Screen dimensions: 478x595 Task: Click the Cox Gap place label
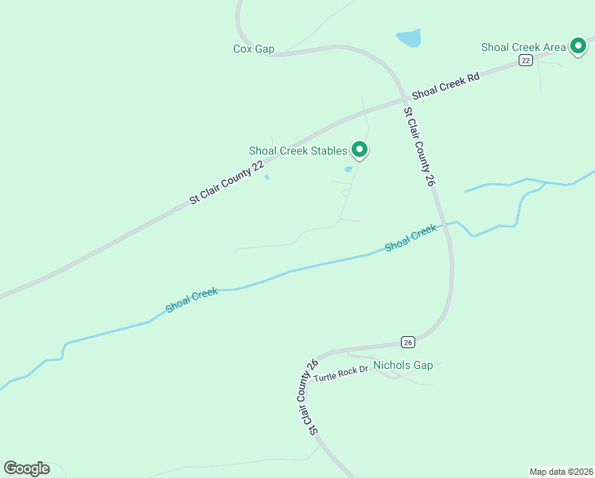[x=254, y=49]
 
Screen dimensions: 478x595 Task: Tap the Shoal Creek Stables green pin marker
[x=360, y=149]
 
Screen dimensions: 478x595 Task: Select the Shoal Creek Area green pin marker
[x=581, y=46]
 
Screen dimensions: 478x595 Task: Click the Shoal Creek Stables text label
[x=298, y=151]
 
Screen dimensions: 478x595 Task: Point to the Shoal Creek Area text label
[x=523, y=47]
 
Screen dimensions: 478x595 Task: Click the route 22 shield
[x=526, y=61]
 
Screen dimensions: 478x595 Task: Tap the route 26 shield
[x=408, y=343]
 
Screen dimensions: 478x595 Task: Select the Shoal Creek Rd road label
[x=447, y=85]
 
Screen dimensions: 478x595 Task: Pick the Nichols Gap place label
[x=402, y=366]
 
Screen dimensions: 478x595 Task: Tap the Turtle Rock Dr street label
[x=341, y=375]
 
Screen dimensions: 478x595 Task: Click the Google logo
[x=26, y=468]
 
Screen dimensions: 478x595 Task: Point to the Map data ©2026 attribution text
[x=561, y=471]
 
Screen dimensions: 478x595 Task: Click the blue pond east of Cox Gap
[x=409, y=37]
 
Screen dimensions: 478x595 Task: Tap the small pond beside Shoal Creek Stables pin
[x=348, y=169]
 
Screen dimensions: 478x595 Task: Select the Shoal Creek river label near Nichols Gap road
[x=410, y=238]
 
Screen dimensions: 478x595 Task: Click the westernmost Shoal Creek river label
[x=192, y=300]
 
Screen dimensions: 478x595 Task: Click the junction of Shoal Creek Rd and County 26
[x=405, y=99]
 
